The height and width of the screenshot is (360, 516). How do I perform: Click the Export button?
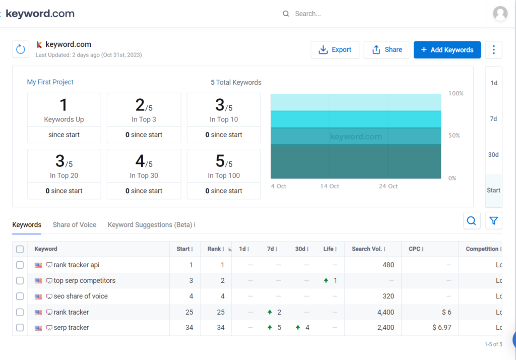point(335,50)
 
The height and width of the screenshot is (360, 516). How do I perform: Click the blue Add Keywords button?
point(447,50)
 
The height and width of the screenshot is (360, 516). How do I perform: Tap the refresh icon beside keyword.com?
point(21,49)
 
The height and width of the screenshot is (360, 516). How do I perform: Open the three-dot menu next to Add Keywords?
point(493,50)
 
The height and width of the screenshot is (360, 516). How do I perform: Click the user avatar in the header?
point(500,14)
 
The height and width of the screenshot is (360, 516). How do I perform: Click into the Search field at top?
point(353,14)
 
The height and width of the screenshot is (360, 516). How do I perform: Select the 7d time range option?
point(493,119)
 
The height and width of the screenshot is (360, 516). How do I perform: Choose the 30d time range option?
point(493,155)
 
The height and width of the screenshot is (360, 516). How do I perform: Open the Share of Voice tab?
point(75,225)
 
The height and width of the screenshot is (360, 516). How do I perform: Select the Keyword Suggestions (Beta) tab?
point(150,225)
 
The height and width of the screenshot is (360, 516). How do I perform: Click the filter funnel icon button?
point(493,221)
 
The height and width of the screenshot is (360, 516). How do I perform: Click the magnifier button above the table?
point(472,221)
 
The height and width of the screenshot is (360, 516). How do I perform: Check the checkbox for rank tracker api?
point(20,265)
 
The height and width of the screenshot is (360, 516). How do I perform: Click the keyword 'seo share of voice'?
point(81,296)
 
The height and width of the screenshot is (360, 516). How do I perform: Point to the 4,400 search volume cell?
point(385,312)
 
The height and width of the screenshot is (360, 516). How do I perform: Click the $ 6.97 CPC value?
point(441,328)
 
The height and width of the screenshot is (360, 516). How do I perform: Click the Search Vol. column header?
point(367,249)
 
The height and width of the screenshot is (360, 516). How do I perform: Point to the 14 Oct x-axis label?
point(330,187)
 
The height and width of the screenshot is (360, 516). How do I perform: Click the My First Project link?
point(50,82)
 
